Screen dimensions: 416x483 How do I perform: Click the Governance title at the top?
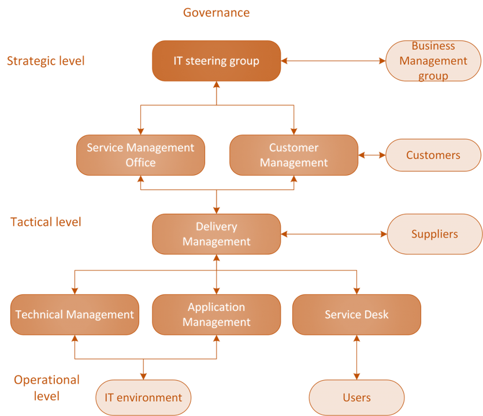[216, 12]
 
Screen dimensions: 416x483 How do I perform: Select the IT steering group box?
[216, 61]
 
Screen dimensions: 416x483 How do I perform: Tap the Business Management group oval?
[433, 61]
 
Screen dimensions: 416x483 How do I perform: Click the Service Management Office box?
[140, 155]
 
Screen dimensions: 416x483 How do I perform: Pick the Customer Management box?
[293, 155]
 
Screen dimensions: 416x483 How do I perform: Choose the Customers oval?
[433, 155]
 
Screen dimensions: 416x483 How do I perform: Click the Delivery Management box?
[216, 233]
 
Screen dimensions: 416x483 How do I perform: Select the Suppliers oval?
[434, 233]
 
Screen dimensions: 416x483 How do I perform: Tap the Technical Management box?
[75, 314]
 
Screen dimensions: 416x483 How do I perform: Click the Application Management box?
[216, 314]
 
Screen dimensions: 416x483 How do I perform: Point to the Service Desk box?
[356, 314]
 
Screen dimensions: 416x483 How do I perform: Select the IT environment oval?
[143, 398]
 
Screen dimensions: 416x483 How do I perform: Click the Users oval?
[356, 398]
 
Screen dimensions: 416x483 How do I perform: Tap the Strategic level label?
[46, 61]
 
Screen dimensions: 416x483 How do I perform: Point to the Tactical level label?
[46, 221]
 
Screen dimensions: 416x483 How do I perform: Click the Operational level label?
[46, 388]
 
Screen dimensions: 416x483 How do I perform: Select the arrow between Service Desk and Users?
[356, 357]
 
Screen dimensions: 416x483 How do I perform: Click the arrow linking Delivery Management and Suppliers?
[333, 233]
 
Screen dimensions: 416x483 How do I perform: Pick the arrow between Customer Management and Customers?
[372, 155]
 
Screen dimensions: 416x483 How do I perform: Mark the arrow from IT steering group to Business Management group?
[333, 61]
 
